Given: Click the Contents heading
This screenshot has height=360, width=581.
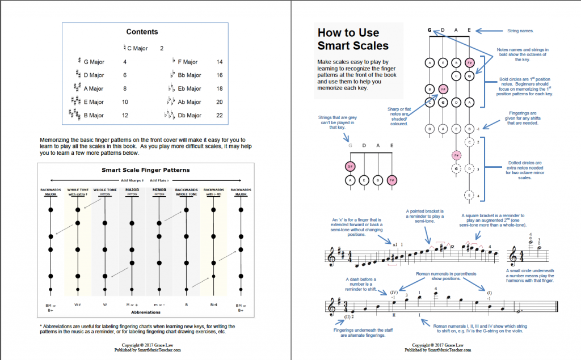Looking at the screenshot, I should (x=142, y=32).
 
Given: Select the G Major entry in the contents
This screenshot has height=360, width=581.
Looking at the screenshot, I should (x=94, y=62).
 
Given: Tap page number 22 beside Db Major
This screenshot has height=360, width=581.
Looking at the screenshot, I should (x=220, y=116).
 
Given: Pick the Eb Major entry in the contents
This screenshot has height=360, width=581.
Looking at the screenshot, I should (x=189, y=89).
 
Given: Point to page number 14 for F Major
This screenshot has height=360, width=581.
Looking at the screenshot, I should (x=220, y=62).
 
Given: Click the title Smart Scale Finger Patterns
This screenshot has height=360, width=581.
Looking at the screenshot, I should (x=145, y=170).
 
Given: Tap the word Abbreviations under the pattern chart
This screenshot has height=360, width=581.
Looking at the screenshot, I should (x=145, y=312).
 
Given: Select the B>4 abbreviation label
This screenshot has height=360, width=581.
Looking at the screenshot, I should (x=213, y=304).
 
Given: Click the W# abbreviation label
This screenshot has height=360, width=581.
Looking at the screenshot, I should (x=78, y=304).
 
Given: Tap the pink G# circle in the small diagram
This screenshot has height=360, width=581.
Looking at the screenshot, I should (x=351, y=166).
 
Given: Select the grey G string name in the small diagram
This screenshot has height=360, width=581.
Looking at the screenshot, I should (x=351, y=146).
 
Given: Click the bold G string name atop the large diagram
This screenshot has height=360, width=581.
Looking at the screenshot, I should (x=430, y=30).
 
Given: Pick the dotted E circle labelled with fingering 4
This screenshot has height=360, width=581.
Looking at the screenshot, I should (x=469, y=195).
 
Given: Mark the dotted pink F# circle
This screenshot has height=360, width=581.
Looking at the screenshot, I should (x=456, y=155).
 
